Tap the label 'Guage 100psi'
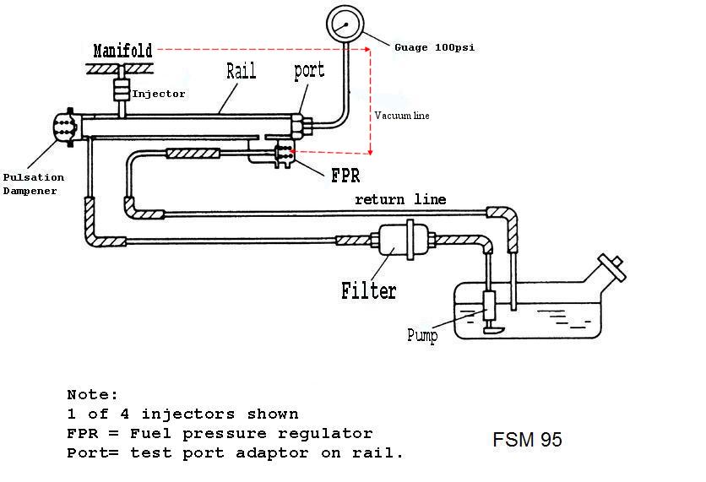click(434, 47)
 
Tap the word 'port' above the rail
click(309, 70)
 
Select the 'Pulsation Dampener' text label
click(34, 184)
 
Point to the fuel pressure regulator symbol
click(285, 155)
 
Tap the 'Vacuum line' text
click(403, 115)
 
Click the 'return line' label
click(399, 199)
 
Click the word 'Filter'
click(369, 291)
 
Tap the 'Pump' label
click(422, 336)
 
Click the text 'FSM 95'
click(527, 440)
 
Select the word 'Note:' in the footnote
click(93, 394)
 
